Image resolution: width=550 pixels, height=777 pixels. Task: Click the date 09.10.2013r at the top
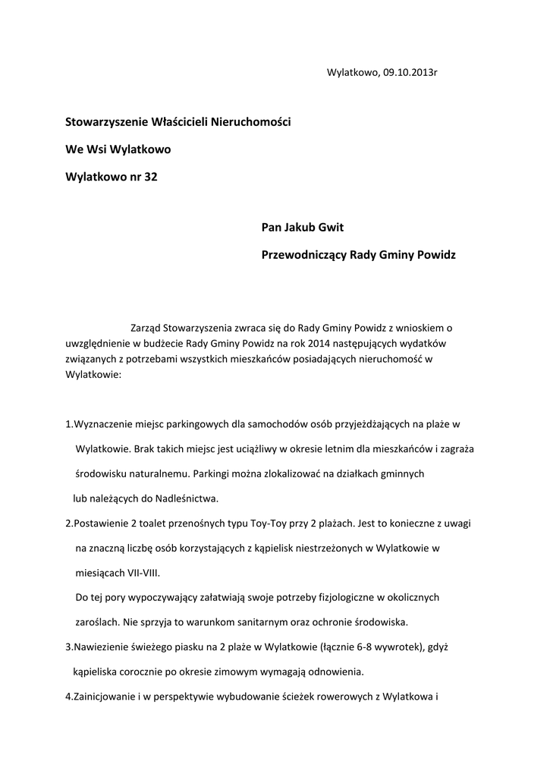click(410, 73)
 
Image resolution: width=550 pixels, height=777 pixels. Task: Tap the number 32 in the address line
click(151, 176)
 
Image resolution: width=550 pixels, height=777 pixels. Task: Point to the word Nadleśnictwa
click(186, 499)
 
